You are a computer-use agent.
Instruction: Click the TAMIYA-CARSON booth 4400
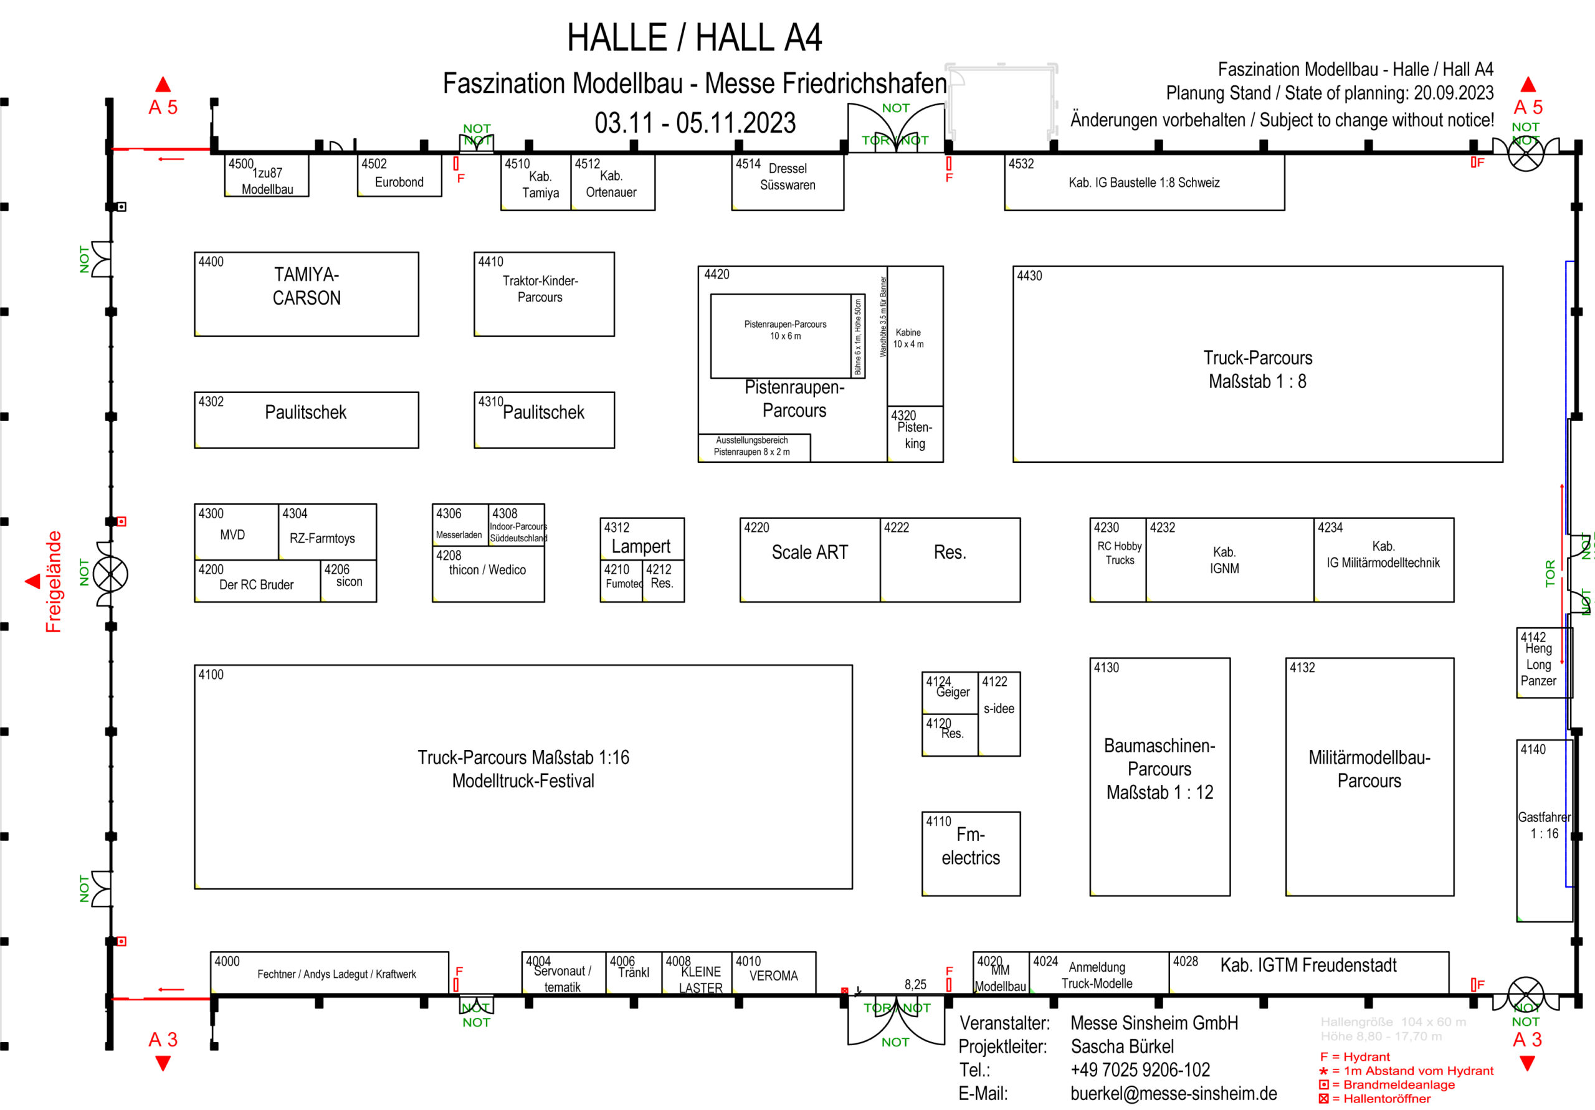click(307, 294)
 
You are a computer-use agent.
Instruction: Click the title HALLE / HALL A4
click(694, 37)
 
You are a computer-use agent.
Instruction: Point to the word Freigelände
click(54, 581)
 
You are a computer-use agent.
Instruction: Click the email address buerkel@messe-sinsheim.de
click(1173, 1093)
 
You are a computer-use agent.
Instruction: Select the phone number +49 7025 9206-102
click(1140, 1070)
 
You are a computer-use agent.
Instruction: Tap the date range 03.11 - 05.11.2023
click(695, 123)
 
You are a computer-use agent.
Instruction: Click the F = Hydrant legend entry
click(1355, 1056)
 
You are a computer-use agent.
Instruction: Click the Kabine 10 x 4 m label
click(908, 338)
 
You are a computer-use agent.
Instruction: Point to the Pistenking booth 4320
click(914, 434)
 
